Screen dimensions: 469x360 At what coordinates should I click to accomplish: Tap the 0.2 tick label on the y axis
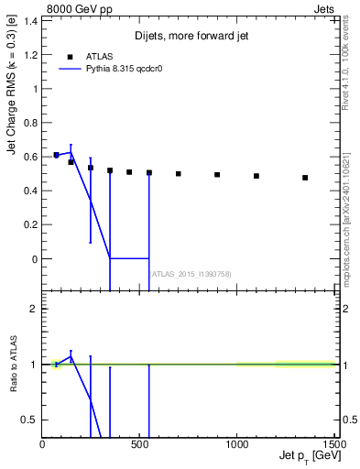coord(29,224)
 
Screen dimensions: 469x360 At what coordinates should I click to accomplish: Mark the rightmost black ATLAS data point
coord(305,178)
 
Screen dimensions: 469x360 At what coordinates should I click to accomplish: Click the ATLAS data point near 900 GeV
coord(217,174)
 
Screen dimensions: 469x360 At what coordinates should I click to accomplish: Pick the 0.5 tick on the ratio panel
coord(29,420)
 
